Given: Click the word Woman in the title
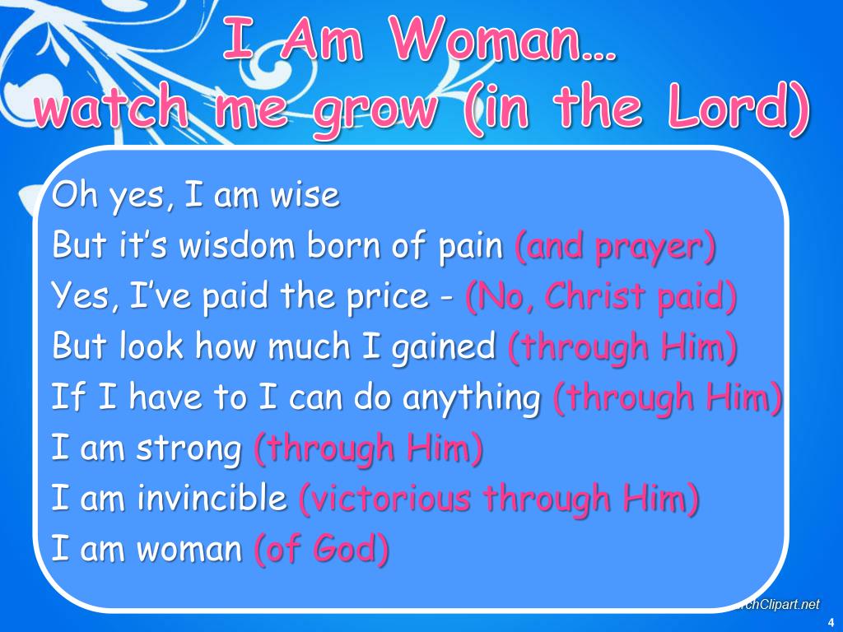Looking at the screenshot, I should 489,39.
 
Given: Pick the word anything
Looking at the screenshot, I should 471,399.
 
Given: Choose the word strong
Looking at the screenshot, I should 189,449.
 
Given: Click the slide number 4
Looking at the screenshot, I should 831,621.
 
